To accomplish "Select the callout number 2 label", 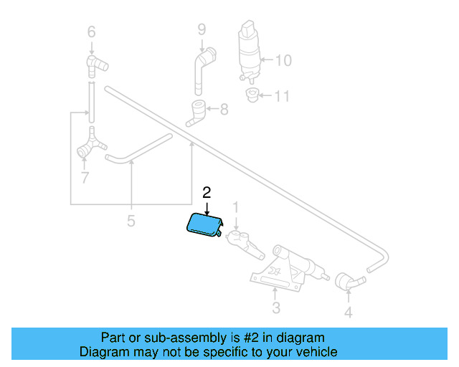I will [207, 192].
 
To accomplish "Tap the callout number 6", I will [91, 32].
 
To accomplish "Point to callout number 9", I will [202, 29].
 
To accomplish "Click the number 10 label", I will [283, 60].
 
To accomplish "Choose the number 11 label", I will [283, 95].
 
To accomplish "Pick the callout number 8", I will [224, 109].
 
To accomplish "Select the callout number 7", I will [85, 177].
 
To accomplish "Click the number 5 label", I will [131, 221].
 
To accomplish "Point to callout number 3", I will [275, 310].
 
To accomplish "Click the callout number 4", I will [348, 313].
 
